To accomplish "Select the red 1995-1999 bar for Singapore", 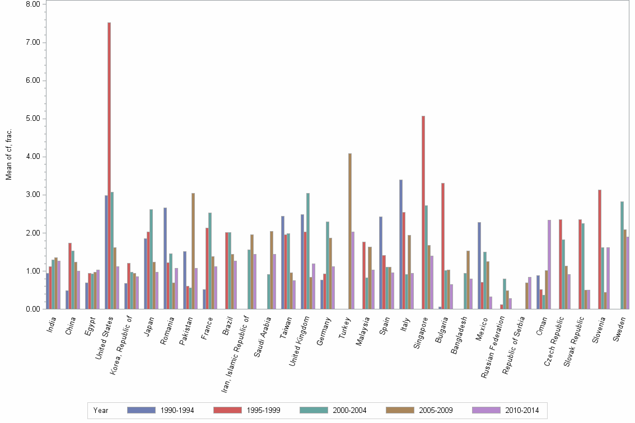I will [423, 213].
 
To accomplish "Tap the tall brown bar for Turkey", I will [350, 231].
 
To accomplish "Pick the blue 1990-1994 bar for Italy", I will [401, 245].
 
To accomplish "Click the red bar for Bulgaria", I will [443, 246].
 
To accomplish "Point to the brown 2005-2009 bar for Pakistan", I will [193, 251].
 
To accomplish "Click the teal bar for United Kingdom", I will [308, 251].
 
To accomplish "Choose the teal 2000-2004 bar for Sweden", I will [622, 255].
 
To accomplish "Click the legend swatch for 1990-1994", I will [141, 410].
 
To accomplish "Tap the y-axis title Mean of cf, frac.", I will [8, 154].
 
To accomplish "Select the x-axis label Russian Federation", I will [493, 347].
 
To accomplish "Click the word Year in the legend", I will [101, 410].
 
